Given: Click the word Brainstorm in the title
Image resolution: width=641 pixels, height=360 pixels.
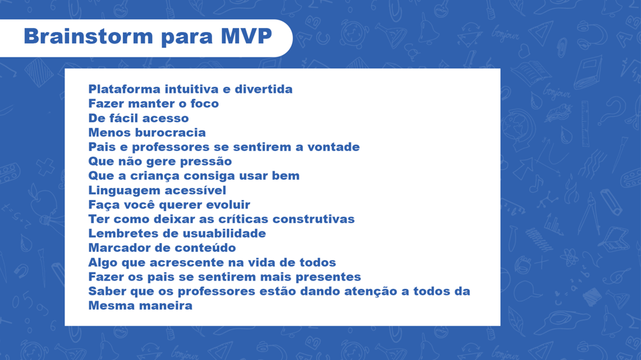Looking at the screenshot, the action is pyautogui.click(x=88, y=36).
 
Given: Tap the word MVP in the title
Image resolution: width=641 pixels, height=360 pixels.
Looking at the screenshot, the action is pyautogui.click(x=247, y=36).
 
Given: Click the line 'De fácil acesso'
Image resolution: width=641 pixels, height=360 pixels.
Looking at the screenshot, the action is pyautogui.click(x=139, y=118).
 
